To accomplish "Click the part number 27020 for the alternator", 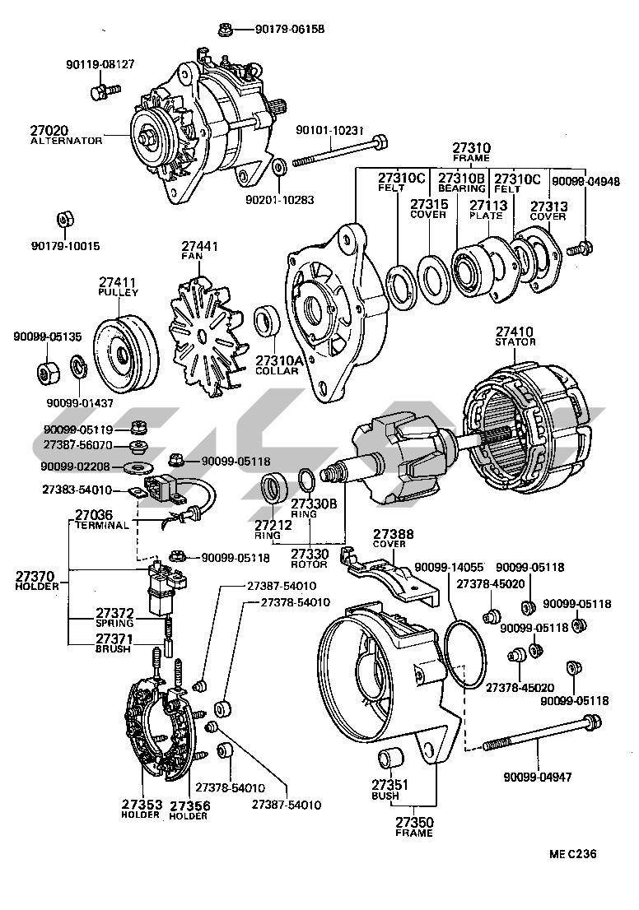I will point(49,130).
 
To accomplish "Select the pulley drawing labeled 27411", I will point(126,353).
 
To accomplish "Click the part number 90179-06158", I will point(289,29).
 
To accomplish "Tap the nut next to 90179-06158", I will point(224,30).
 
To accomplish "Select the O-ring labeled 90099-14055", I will point(463,653).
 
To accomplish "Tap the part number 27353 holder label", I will point(139,804).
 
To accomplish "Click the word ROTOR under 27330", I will point(309,564).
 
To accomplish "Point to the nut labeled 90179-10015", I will point(63,221).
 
